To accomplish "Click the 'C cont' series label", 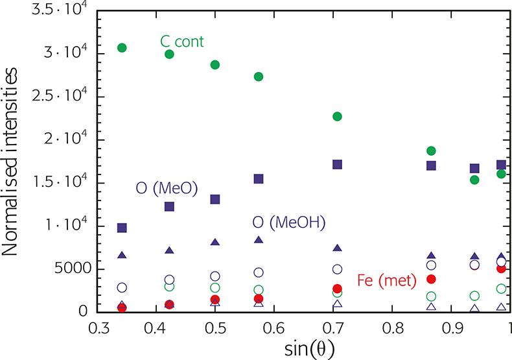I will tap(182, 43).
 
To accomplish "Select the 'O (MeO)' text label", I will tap(167, 189).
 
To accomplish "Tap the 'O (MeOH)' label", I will tap(288, 222).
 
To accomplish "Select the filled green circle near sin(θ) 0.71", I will tap(337, 117).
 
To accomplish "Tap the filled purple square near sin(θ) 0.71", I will tap(337, 165).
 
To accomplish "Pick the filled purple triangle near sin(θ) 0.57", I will tap(259, 239).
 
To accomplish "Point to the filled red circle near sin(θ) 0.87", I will tap(431, 279).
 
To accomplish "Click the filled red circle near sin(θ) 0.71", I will tap(337, 289).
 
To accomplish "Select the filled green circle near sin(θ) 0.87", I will tap(431, 150).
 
